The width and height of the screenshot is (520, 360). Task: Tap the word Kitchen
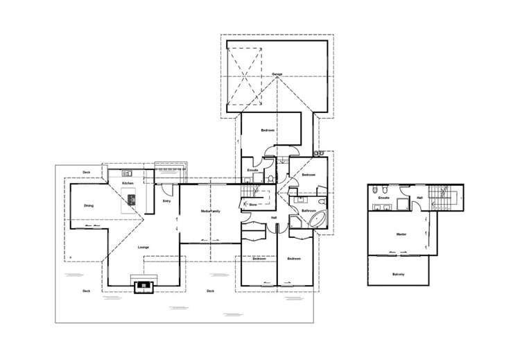click(128, 182)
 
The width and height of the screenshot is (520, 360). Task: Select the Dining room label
click(89, 206)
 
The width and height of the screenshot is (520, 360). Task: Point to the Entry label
click(166, 201)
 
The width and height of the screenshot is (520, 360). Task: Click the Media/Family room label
click(210, 211)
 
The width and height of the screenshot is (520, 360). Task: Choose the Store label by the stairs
click(252, 205)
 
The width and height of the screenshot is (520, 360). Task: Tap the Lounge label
click(144, 247)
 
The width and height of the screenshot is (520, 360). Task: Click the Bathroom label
click(309, 210)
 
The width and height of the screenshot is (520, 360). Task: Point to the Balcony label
click(398, 275)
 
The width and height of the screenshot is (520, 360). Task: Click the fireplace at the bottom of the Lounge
click(144, 284)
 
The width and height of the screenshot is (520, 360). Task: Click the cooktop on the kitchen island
click(130, 201)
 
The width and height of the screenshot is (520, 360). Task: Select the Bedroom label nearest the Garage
click(268, 130)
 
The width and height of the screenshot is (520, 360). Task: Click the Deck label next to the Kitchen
click(87, 171)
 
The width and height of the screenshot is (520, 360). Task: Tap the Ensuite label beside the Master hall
click(383, 198)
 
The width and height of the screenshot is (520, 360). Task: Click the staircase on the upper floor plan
click(440, 197)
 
